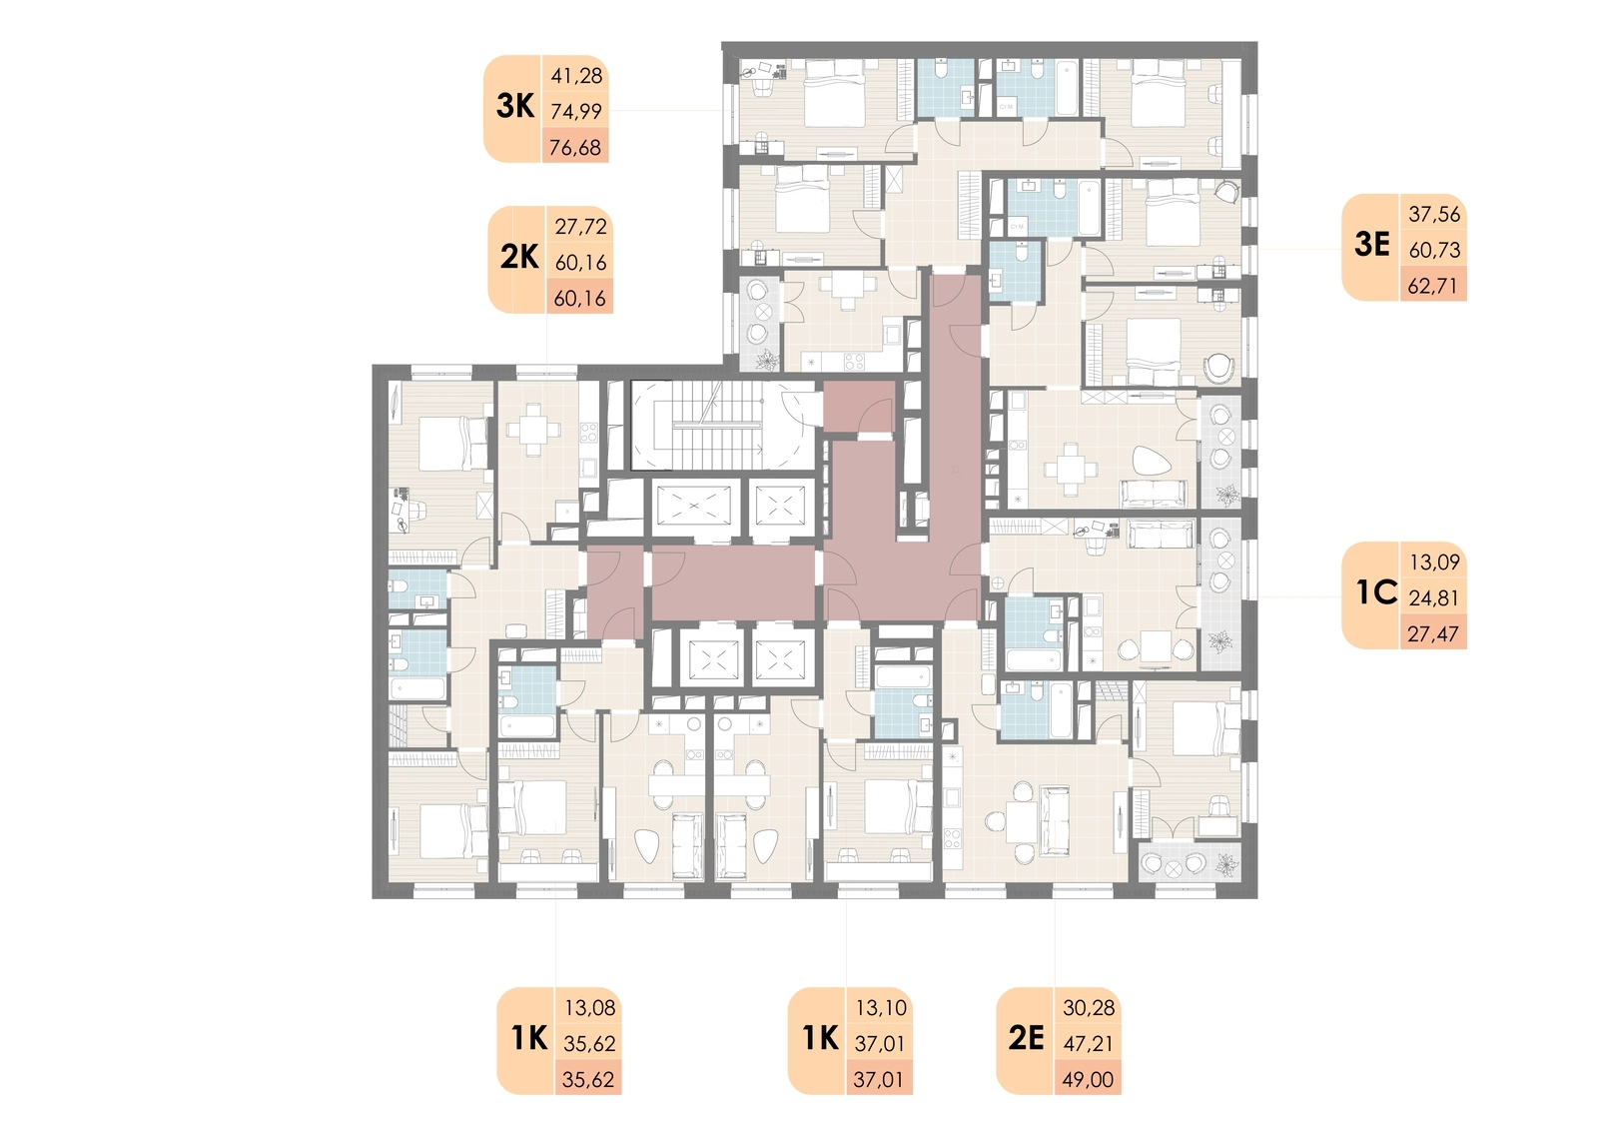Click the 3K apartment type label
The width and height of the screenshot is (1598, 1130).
pos(515,106)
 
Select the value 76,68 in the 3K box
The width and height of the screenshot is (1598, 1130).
pos(575,148)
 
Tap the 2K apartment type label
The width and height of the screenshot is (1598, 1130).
pos(519,257)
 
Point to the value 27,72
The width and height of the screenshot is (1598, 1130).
pos(580,226)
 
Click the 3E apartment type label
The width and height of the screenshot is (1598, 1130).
pos(1372,244)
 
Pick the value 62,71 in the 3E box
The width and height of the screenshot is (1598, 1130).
pos(1434,286)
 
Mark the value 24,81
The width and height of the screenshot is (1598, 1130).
pos(1434,597)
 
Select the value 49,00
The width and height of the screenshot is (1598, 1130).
pos(1088,1079)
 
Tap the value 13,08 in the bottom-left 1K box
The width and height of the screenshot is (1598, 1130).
pos(590,1008)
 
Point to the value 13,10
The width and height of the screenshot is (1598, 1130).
pos(881,1008)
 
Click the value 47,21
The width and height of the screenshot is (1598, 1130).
pos(1088,1044)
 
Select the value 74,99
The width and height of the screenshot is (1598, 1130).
pos(576,111)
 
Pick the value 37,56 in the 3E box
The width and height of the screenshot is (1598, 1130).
pos(1434,214)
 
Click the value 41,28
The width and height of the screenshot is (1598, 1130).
pos(576,76)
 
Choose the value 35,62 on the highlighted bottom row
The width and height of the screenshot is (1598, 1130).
pos(588,1079)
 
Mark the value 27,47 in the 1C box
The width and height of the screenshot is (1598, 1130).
pos(1434,633)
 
